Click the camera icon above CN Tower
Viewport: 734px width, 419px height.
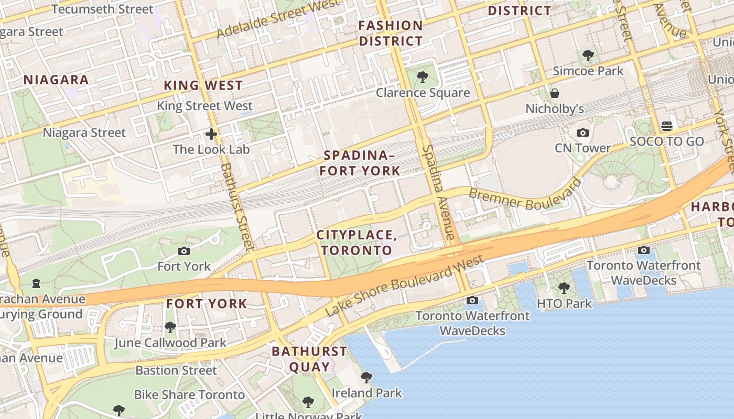pyautogui.click(x=582, y=133)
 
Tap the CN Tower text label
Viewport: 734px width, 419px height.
pyautogui.click(x=582, y=148)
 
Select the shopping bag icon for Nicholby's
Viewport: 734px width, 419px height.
pyautogui.click(x=555, y=94)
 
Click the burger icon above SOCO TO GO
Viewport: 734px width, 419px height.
pyautogui.click(x=667, y=126)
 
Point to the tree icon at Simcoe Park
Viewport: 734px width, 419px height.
pyautogui.click(x=588, y=56)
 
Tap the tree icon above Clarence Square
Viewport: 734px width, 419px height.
pyautogui.click(x=422, y=78)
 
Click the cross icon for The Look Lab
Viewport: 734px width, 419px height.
pyautogui.click(x=211, y=135)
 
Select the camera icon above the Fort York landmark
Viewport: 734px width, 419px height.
pyautogui.click(x=184, y=251)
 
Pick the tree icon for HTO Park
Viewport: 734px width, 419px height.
pyautogui.click(x=564, y=288)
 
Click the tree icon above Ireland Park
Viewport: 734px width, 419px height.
pyautogui.click(x=366, y=378)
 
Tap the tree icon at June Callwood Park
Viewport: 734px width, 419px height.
pyautogui.click(x=170, y=328)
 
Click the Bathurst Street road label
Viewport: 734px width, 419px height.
pyautogui.click(x=237, y=206)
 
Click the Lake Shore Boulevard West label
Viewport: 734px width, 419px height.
pyautogui.click(x=404, y=285)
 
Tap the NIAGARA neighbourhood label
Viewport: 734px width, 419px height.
pyautogui.click(x=56, y=80)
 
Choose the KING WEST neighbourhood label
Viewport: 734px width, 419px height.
pyautogui.click(x=203, y=85)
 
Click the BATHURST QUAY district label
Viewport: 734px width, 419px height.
pyautogui.click(x=309, y=359)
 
